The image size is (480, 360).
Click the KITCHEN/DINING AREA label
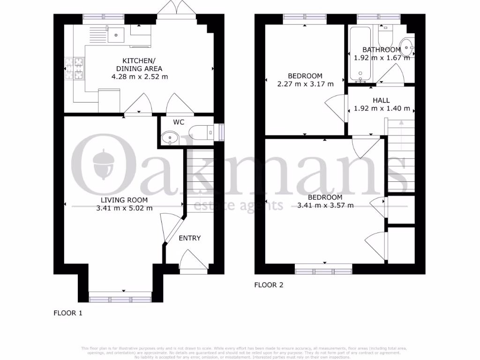(139, 65)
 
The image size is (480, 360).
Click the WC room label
(179, 122)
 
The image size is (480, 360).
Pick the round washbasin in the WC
(167, 137)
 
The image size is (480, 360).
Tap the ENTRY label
(190, 238)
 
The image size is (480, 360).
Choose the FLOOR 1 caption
(68, 313)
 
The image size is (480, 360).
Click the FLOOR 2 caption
(269, 285)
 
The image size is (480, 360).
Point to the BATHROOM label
(382, 50)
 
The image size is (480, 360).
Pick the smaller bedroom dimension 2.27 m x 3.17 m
(305, 84)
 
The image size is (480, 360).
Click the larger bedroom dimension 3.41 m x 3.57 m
(325, 205)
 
